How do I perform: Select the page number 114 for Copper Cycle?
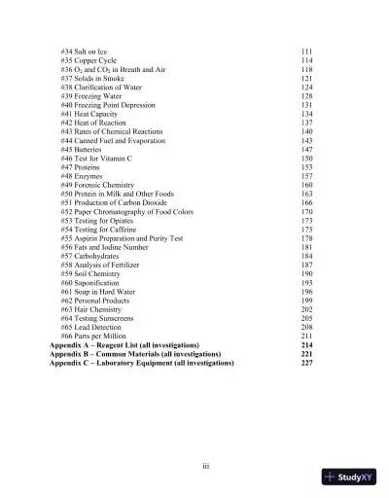pyautogui.click(x=306, y=60)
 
